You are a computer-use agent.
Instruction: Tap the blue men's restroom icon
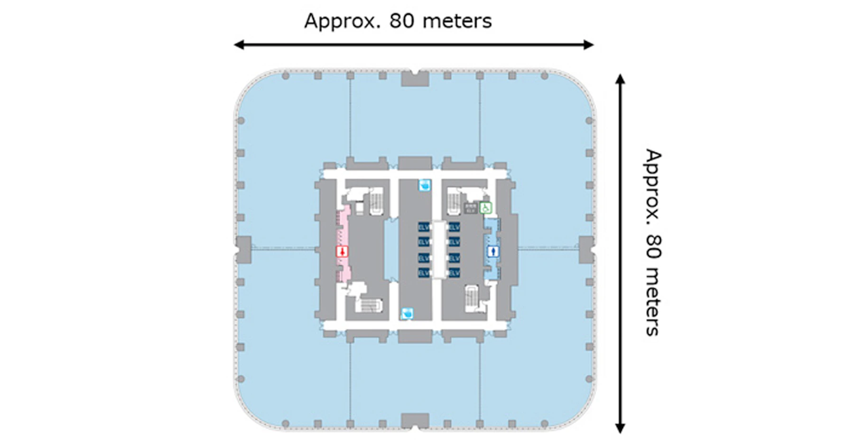pos(493,251)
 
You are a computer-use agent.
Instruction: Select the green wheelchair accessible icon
pos(485,208)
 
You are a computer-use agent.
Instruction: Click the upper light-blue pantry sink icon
pos(425,185)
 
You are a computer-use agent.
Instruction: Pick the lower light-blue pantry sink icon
pos(407,313)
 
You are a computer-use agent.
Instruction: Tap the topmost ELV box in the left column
pos(424,227)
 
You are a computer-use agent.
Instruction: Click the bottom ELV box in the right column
pos(454,273)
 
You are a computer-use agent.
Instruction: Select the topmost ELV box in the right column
pos(454,227)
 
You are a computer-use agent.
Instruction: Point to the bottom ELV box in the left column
pos(424,273)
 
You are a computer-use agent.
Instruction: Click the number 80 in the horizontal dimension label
pos(401,21)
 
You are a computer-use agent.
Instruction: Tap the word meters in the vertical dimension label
pos(653,304)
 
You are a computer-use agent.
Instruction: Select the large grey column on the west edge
pos(243,250)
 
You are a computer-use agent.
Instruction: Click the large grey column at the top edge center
pos(415,78)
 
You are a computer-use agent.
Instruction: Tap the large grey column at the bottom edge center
pos(415,421)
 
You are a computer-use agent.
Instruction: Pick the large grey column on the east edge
pos(586,250)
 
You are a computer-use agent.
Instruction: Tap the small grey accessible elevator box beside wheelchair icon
pos(470,208)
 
